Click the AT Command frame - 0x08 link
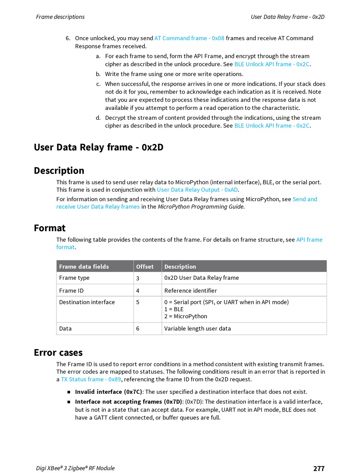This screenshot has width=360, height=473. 189,38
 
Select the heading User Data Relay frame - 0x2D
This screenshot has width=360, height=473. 99,147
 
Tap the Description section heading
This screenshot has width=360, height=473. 59,171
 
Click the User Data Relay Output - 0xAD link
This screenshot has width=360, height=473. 197,190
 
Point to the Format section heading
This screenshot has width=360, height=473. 50,228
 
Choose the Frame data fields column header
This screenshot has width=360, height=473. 84,266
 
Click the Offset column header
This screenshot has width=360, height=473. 145,266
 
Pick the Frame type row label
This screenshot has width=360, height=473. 74,278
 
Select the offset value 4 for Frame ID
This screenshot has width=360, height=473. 138,291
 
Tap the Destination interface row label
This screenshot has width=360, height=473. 87,302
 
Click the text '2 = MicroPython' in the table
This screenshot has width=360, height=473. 186,316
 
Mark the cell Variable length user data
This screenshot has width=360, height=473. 197,329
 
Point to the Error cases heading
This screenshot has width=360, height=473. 58,353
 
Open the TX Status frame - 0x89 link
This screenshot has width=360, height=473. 91,379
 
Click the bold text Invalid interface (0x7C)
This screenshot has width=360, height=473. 108,392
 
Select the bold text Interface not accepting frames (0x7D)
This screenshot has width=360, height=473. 128,402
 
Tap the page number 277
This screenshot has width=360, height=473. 319,468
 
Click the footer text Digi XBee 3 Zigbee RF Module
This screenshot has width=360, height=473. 75,468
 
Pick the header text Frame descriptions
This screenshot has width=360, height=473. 60,17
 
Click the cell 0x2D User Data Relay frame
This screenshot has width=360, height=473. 201,278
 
